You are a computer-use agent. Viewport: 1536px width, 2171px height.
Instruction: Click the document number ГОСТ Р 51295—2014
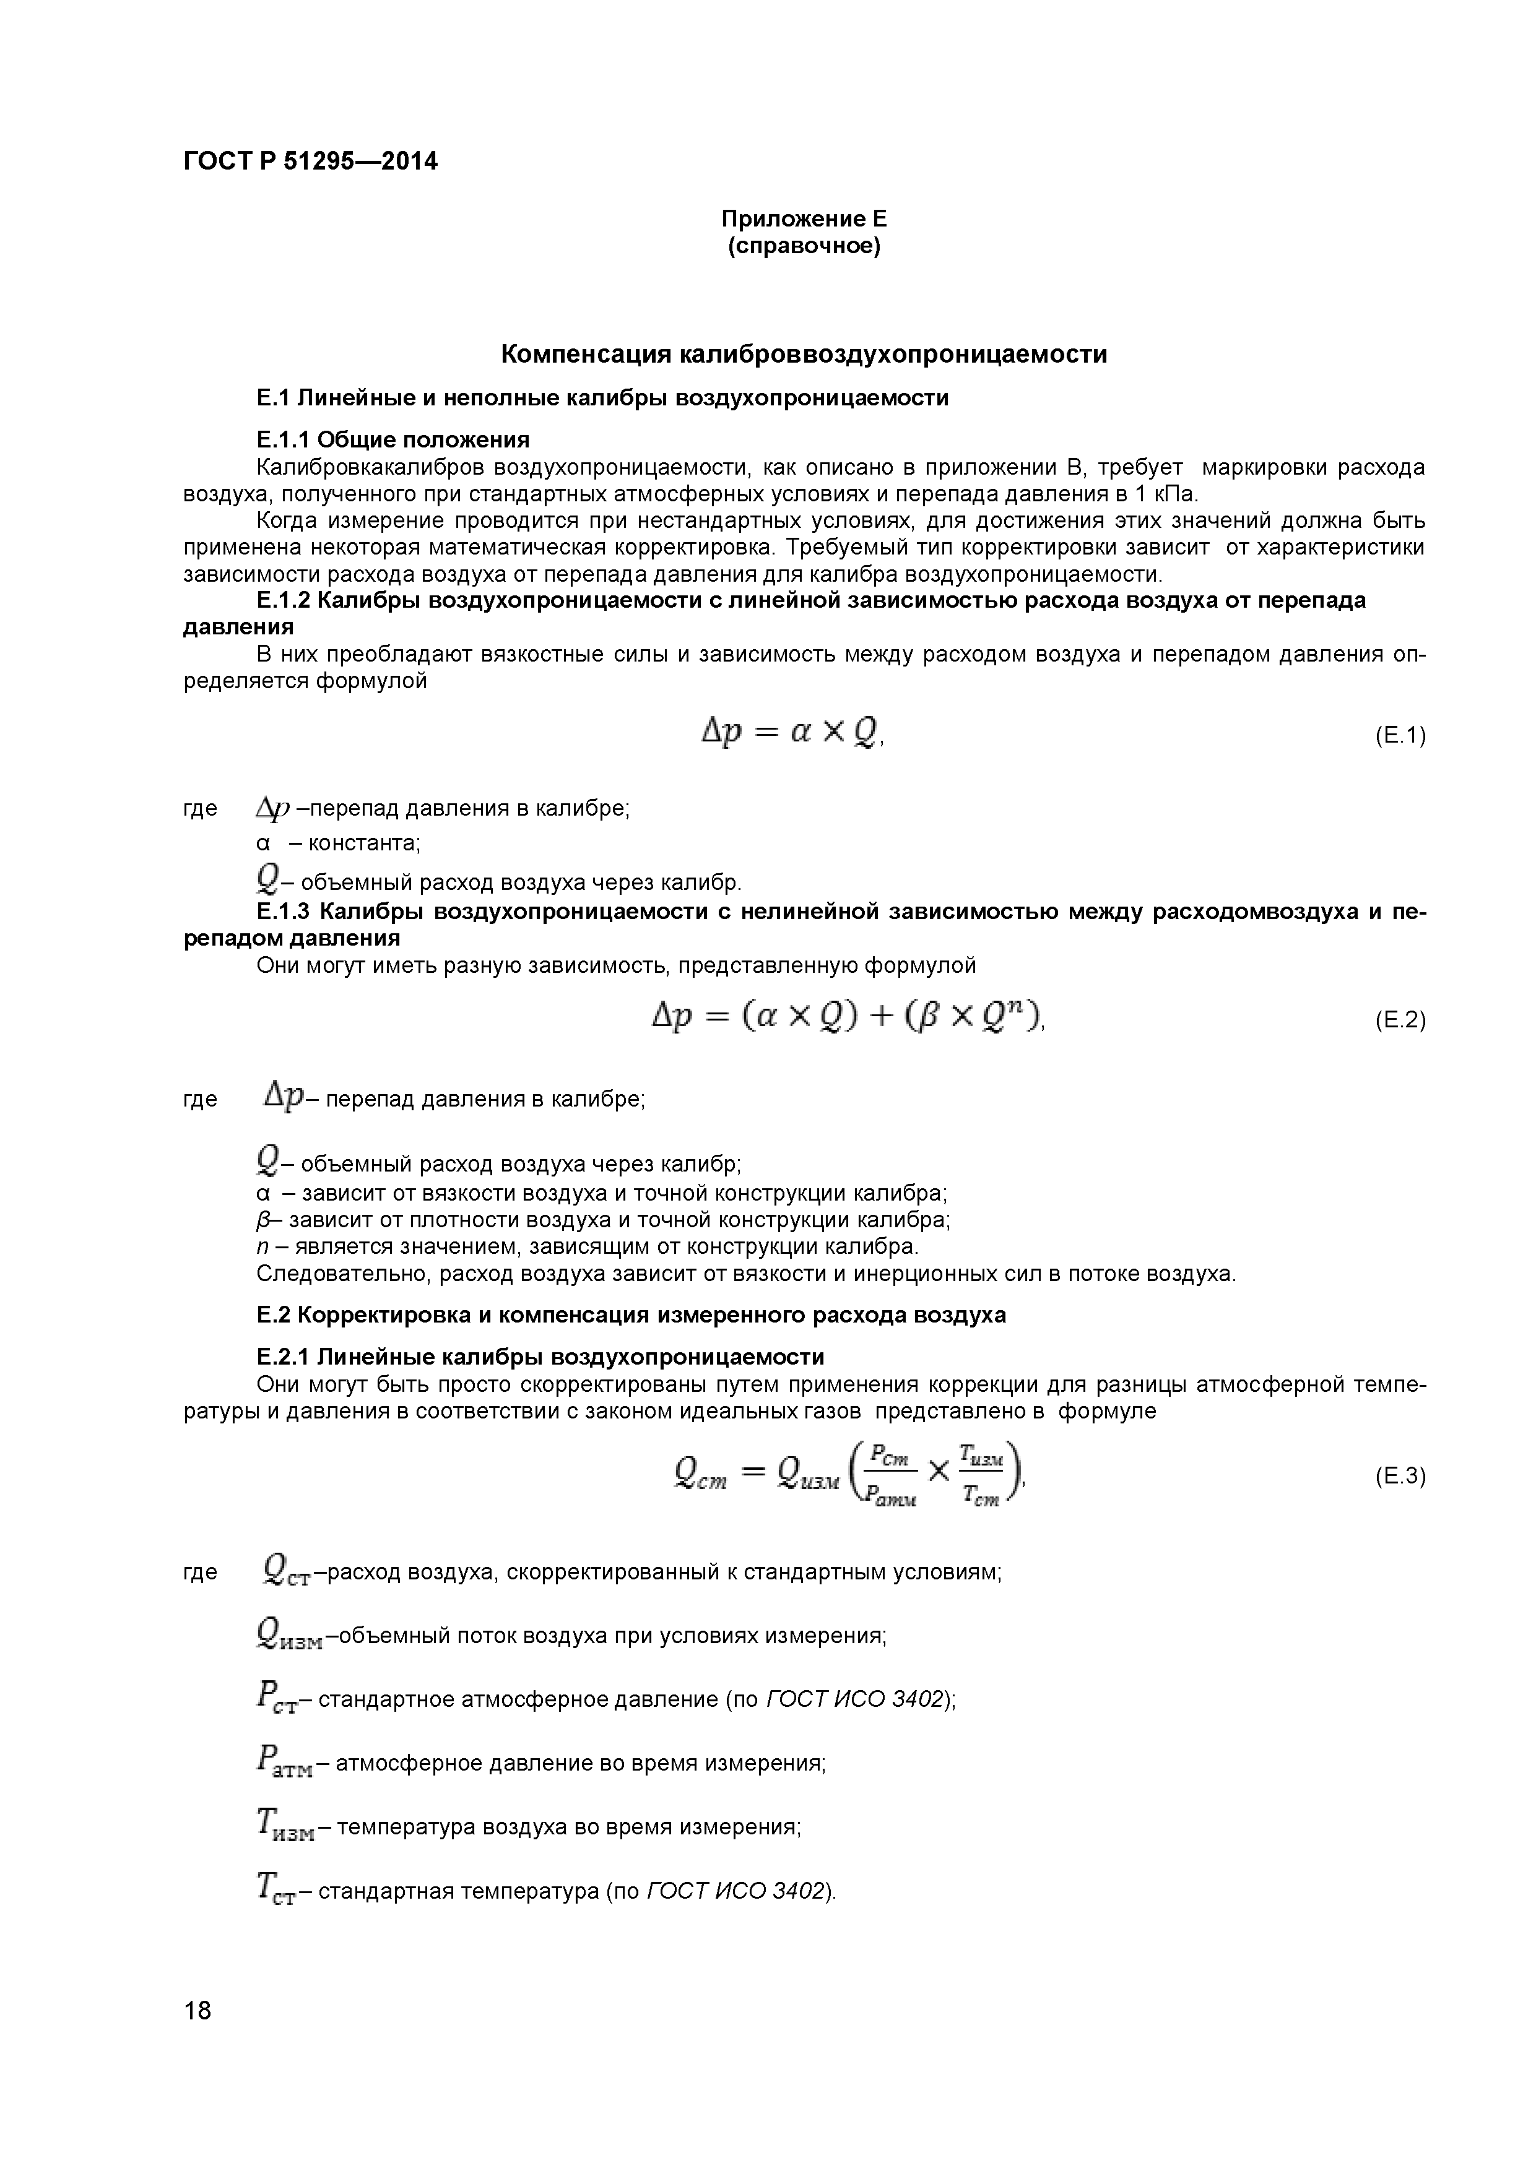[310, 162]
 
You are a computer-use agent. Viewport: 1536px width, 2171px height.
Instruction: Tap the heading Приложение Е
[804, 219]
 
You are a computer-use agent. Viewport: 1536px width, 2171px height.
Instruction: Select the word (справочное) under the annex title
[804, 247]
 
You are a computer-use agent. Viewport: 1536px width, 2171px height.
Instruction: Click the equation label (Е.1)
[1399, 736]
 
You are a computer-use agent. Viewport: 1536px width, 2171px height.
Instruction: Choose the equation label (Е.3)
[1399, 1477]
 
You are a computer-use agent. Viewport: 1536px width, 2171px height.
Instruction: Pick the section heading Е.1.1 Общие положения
[393, 439]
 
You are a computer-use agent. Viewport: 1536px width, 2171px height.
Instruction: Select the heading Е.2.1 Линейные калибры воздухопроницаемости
[540, 1358]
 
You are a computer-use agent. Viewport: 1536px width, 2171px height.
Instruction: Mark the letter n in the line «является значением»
[261, 1247]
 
